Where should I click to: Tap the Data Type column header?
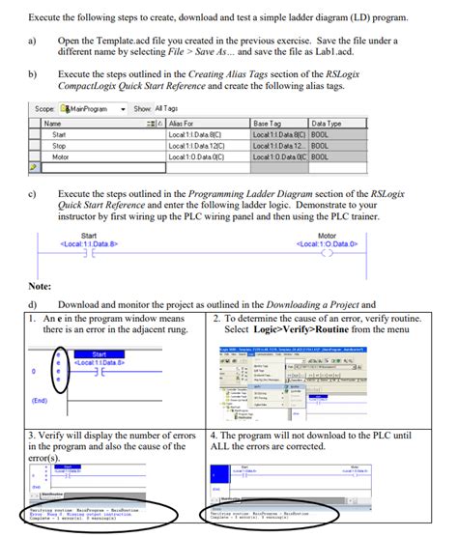328,124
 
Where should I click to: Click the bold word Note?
40,286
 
